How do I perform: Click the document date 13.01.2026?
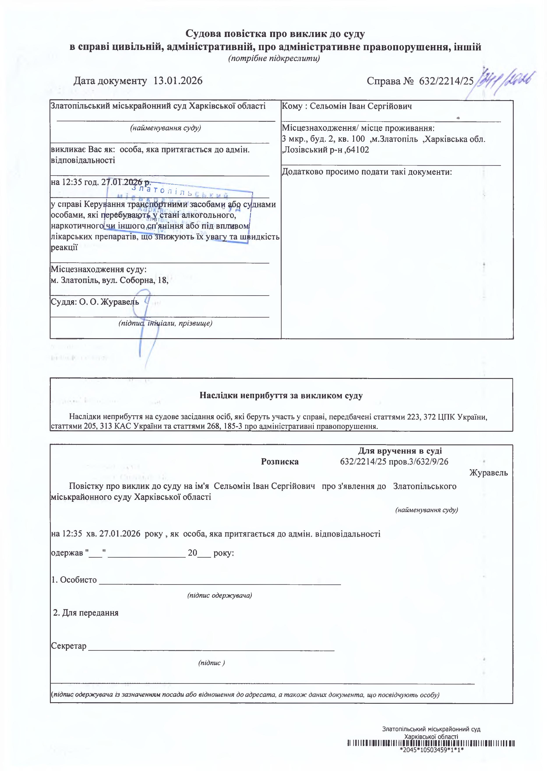pyautogui.click(x=178, y=81)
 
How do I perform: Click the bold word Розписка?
pyautogui.click(x=280, y=462)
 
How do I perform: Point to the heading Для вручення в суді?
pyautogui.click(x=400, y=451)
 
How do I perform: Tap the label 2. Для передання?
pyautogui.click(x=86, y=613)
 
